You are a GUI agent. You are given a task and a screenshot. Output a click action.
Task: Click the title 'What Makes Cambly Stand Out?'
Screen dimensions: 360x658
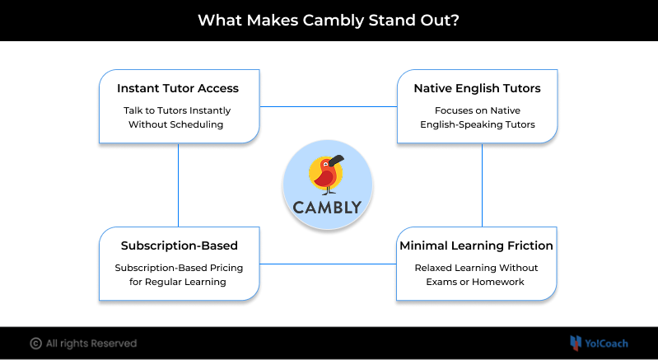tap(329, 19)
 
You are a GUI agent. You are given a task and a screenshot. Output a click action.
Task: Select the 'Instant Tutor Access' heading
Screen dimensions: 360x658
tap(179, 88)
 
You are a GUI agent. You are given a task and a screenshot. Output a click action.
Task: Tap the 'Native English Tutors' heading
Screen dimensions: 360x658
tap(478, 88)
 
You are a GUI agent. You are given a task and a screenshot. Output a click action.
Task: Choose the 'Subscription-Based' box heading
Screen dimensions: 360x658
tap(179, 245)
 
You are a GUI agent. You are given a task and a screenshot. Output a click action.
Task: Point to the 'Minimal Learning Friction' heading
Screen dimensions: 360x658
tap(477, 245)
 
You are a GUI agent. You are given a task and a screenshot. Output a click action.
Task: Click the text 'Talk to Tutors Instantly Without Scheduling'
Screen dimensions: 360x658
tap(179, 118)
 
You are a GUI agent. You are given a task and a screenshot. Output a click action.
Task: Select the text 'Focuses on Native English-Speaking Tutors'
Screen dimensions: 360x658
tap(478, 118)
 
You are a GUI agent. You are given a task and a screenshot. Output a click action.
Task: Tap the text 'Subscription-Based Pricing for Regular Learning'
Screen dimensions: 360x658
tap(179, 275)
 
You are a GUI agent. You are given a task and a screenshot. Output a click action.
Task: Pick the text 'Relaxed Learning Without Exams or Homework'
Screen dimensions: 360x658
tap(477, 275)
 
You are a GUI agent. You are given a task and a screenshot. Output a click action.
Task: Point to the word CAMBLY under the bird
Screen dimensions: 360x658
tap(327, 207)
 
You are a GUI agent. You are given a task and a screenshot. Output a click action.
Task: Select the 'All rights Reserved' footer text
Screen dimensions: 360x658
tap(91, 344)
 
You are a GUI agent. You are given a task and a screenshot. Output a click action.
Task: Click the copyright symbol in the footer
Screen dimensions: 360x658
tap(36, 344)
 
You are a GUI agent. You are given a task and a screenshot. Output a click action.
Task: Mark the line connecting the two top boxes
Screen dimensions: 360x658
tap(329, 106)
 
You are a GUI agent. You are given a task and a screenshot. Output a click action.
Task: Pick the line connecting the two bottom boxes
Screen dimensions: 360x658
tap(329, 264)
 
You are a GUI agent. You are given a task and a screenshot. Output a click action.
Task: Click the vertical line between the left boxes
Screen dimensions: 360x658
tap(179, 185)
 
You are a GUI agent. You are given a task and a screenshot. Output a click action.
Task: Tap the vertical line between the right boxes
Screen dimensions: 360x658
tap(482, 185)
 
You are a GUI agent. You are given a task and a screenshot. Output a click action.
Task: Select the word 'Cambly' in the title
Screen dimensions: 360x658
tap(326, 19)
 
